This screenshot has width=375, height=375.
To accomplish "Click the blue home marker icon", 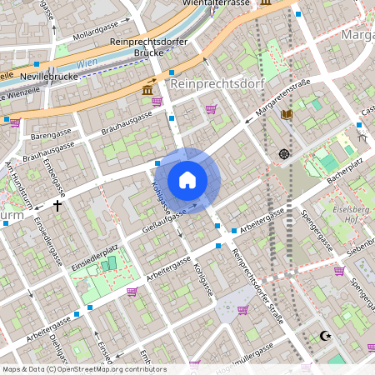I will (187, 179).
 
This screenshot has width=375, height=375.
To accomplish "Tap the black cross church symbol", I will (57, 204).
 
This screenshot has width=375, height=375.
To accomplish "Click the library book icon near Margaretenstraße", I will (287, 114).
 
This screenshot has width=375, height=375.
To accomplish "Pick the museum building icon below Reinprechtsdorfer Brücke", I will (147, 88).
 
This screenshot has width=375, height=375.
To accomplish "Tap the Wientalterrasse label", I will (219, 3).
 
